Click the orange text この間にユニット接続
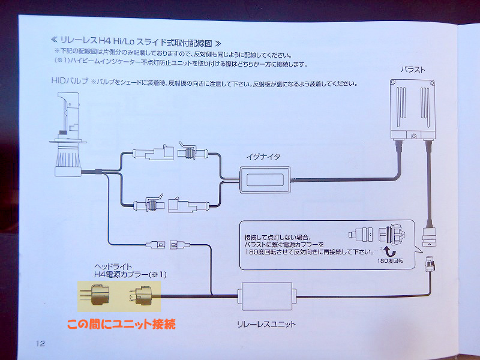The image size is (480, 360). (121, 325)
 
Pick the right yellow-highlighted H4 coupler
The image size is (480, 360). (142, 295)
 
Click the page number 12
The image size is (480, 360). (40, 343)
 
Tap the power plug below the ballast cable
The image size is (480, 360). (430, 263)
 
